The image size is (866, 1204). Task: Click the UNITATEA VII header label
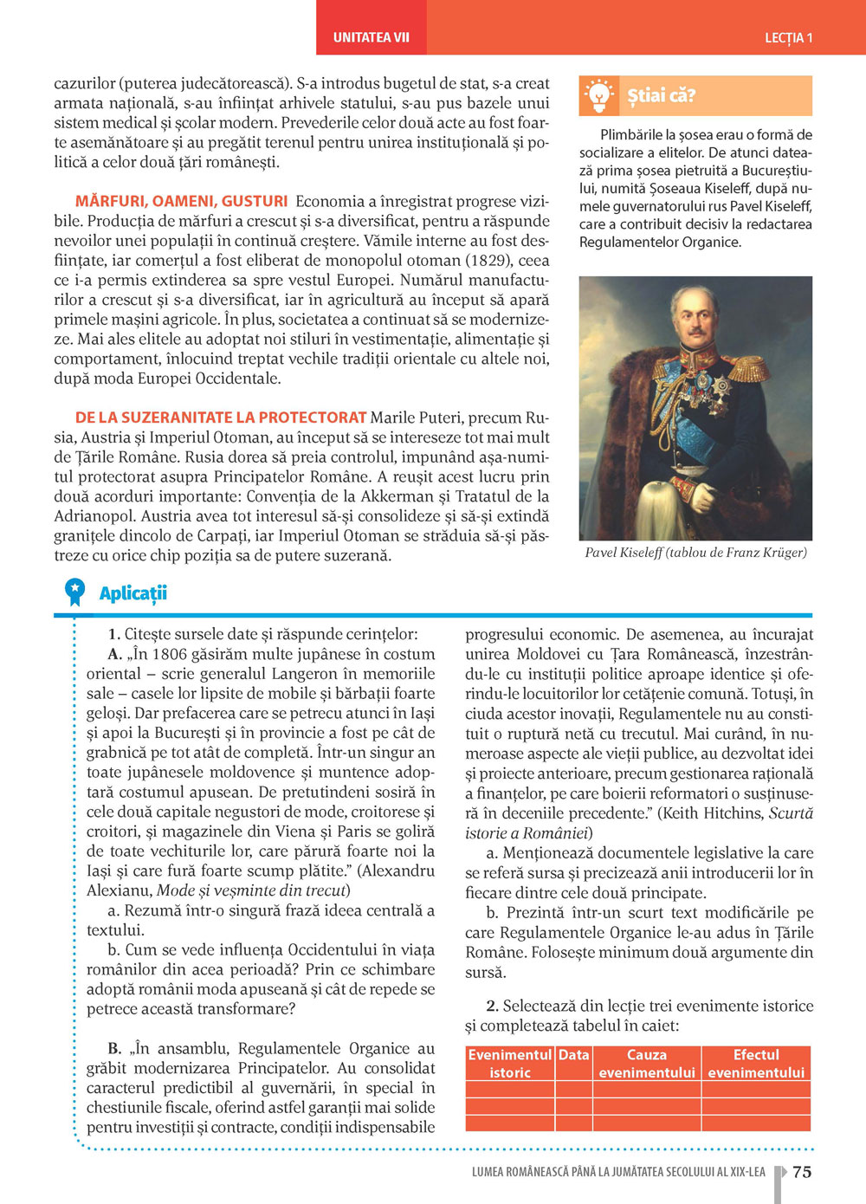tap(371, 37)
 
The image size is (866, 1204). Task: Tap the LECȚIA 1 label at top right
tap(788, 37)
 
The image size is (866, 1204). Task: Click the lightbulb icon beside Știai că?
tap(598, 96)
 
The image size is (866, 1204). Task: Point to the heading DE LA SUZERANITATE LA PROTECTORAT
tap(221, 418)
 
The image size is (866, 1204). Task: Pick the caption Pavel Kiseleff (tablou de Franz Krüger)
tap(695, 553)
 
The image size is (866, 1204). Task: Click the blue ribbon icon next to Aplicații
tap(75, 592)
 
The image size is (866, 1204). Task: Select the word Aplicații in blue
tap(132, 593)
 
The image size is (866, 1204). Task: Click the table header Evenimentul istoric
tap(510, 1064)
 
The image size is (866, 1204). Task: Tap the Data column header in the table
tap(573, 1055)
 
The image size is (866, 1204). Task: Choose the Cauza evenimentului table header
tap(647, 1064)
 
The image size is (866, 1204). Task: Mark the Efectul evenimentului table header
tap(756, 1064)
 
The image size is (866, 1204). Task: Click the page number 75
tap(802, 1172)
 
